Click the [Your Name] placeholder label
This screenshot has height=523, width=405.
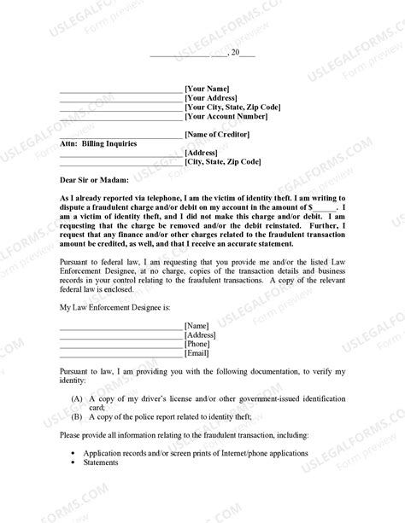pos(208,89)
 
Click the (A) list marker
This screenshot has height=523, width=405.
pos(78,398)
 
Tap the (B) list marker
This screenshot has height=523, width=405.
pos(78,417)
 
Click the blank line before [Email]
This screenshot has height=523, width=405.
pos(121,355)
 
